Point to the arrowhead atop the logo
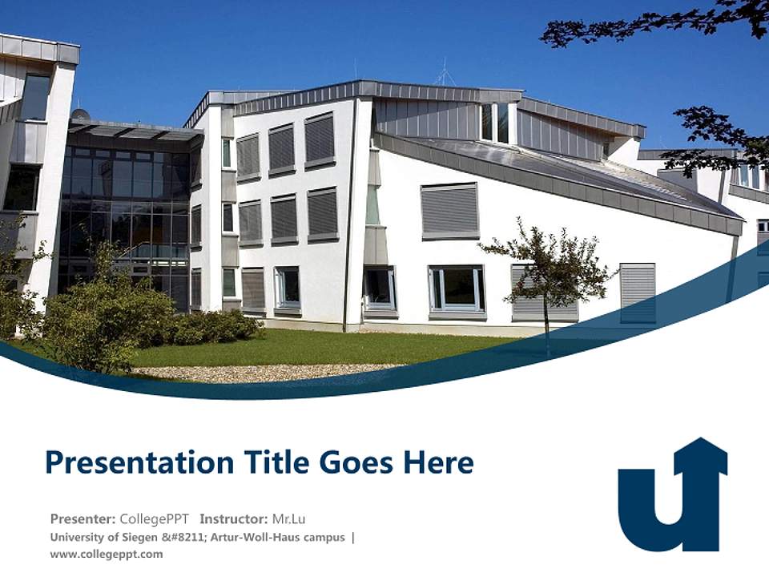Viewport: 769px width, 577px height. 700,453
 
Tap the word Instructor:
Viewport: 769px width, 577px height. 234,518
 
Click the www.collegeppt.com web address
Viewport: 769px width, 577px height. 106,554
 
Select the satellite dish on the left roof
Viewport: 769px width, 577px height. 80,114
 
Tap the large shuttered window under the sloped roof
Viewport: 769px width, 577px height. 449,211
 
